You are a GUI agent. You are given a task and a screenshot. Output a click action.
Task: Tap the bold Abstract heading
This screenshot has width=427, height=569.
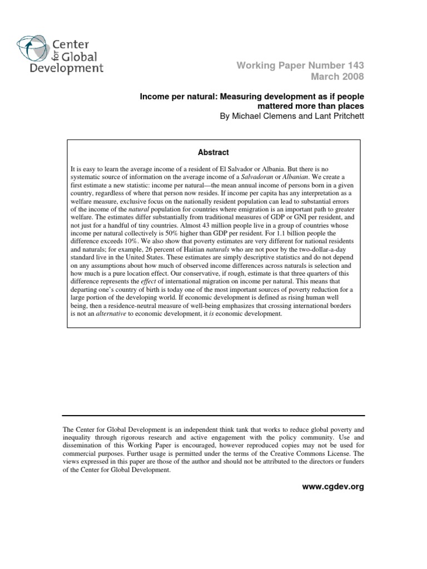(x=213, y=152)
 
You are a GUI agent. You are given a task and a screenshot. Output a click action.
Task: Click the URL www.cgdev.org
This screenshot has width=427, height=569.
(x=333, y=487)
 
